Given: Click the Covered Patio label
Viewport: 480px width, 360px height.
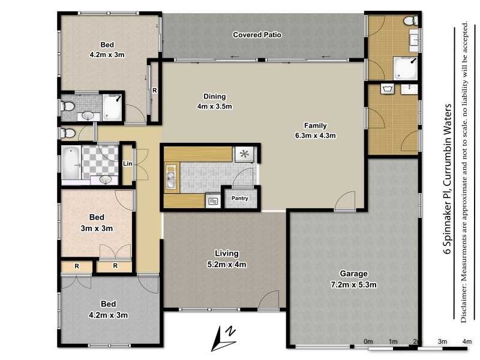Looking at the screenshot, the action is [x=257, y=35].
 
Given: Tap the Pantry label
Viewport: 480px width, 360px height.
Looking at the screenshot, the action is [x=239, y=199].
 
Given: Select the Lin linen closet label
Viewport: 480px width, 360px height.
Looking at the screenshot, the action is [x=127, y=164].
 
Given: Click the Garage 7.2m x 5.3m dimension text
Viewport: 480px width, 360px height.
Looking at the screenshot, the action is [x=353, y=284].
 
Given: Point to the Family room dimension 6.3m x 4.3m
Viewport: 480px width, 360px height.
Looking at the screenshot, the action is [x=316, y=136].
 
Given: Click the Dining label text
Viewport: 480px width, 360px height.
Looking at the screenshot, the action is [x=215, y=97].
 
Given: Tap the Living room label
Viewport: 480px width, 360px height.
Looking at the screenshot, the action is [x=227, y=253].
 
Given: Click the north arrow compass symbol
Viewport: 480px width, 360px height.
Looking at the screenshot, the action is [x=223, y=338].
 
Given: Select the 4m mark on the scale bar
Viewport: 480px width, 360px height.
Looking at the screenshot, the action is [x=467, y=341].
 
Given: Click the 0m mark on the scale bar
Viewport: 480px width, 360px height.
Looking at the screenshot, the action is [x=368, y=341].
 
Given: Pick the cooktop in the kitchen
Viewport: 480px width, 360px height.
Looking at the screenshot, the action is [x=244, y=154].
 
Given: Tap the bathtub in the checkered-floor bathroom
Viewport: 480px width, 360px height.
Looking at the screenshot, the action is [x=71, y=162].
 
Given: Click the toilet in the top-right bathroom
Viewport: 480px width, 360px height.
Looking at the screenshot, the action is [x=410, y=21].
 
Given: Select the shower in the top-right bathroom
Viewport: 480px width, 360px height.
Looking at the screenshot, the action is [x=406, y=68].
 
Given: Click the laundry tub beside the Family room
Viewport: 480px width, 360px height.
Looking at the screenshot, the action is [x=388, y=89].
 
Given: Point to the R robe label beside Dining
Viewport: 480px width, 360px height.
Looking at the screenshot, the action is [x=155, y=91].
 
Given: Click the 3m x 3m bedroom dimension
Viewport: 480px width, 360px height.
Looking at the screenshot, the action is [x=97, y=229].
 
